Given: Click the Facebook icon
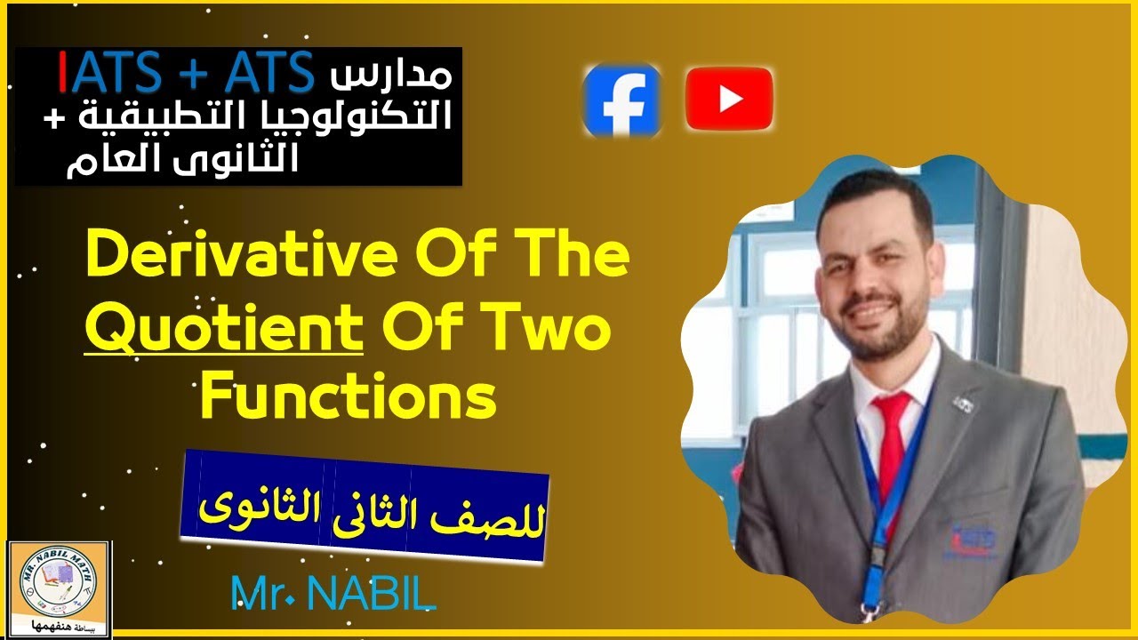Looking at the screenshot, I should [621, 100].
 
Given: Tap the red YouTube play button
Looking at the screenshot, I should [729, 99].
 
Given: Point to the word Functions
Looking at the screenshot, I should [347, 398].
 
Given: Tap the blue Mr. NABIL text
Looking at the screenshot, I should [333, 593].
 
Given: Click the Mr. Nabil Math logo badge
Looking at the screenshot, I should [59, 588].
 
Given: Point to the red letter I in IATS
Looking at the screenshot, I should [63, 72].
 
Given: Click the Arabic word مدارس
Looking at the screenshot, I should [390, 76].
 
